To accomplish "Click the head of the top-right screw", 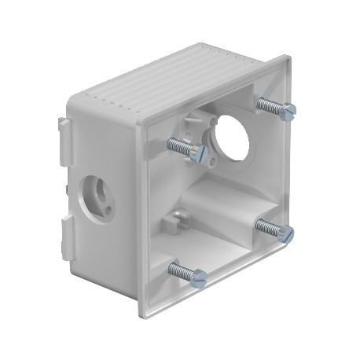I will [x=288, y=109].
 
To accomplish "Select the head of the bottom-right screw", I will [x=285, y=233].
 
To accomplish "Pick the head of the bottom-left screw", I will [x=199, y=277].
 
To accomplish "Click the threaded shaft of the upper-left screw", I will [x=179, y=145].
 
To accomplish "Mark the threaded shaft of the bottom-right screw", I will [x=267, y=226].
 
